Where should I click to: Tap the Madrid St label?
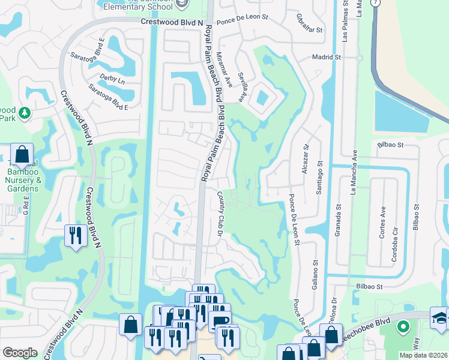click(327, 58)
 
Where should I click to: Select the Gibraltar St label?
click(310, 22)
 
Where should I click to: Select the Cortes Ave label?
click(382, 224)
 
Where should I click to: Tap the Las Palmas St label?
click(345, 20)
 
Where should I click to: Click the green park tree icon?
click(25, 113)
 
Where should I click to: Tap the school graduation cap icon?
click(440, 319)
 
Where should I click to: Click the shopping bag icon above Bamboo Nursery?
click(22, 155)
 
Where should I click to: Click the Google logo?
click(20, 353)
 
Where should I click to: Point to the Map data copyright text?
click(423, 355)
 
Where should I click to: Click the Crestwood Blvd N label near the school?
click(170, 22)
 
